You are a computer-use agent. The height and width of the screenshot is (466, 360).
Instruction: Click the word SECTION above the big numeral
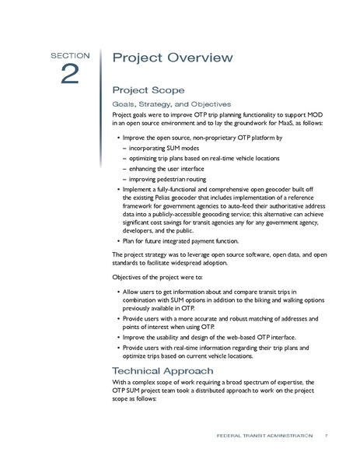pyautogui.click(x=70, y=56)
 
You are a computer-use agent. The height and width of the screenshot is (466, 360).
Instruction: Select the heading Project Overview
pyautogui.click(x=172, y=58)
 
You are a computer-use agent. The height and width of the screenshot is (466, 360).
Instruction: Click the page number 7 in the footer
pyautogui.click(x=327, y=435)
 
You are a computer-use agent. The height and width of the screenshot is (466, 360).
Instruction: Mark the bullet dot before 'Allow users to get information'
pyautogui.click(x=117, y=292)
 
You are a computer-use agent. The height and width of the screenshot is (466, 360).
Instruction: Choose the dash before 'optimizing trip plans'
pyautogui.click(x=125, y=156)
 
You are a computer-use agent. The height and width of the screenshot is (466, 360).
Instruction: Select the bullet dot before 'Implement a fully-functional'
pyautogui.click(x=117, y=189)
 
